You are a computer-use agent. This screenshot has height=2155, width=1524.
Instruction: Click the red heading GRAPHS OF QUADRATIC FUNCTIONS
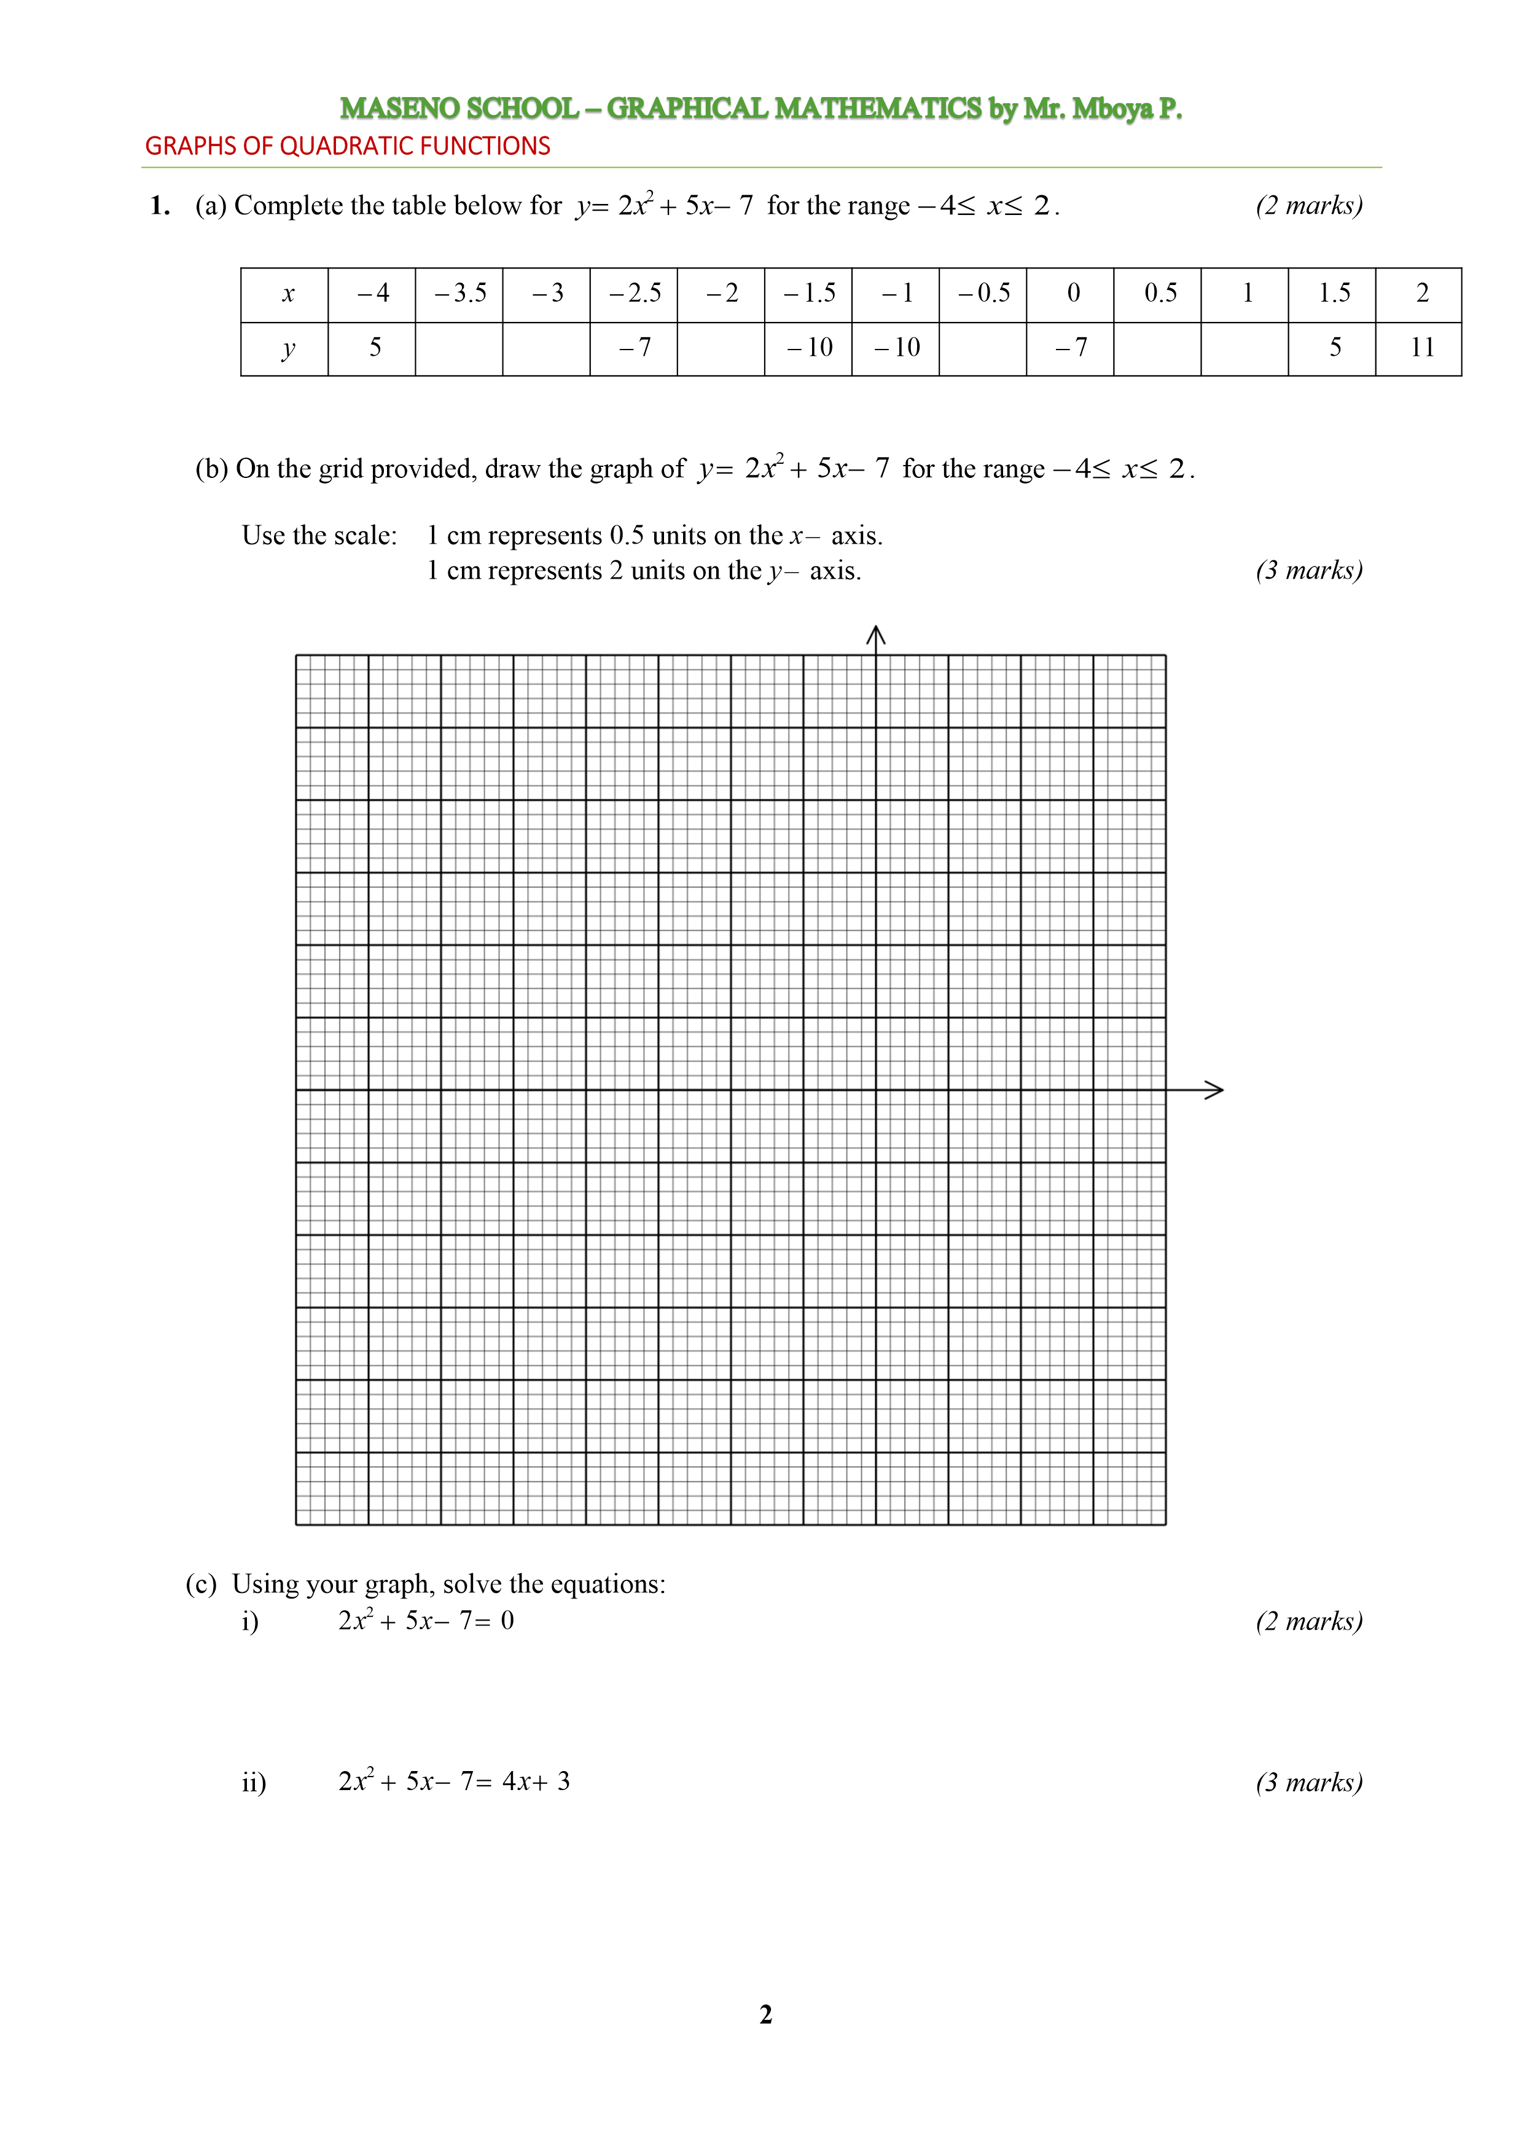click(347, 146)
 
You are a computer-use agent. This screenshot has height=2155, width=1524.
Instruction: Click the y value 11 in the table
click(1421, 348)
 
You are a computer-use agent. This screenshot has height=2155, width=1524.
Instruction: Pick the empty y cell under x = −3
click(546, 349)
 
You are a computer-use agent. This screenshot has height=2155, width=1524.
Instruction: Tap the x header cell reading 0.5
click(1160, 294)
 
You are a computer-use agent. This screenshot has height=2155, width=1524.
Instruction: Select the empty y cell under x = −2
click(721, 349)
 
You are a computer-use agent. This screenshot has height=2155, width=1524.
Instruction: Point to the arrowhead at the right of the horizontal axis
click(1215, 1090)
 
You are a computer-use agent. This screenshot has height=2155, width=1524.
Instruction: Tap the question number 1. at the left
click(160, 206)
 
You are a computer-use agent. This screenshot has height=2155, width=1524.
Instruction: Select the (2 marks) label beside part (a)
click(1308, 206)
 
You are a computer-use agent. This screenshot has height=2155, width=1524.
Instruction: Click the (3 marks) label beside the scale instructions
click(1308, 571)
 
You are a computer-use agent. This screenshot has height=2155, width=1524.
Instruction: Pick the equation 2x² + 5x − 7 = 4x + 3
click(454, 1781)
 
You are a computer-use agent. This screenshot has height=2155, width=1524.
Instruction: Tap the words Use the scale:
click(319, 536)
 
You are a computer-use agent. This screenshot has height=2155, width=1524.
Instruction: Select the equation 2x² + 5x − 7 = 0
click(426, 1621)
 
